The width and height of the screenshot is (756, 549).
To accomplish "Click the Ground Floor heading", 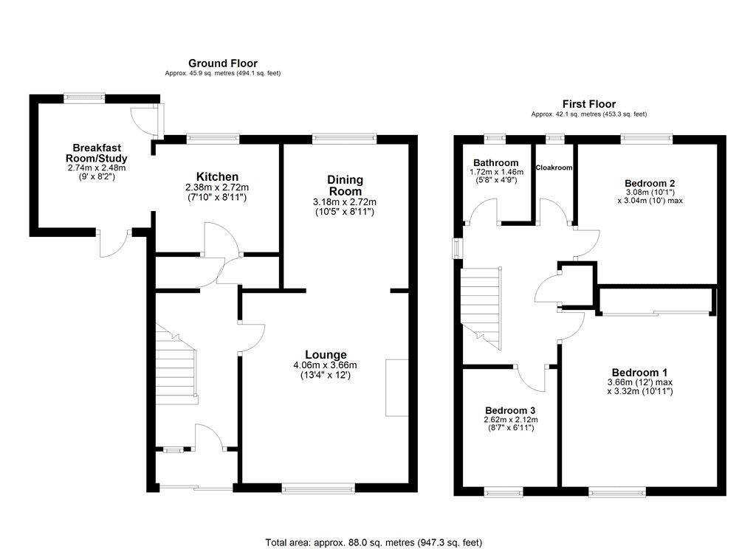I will coord(222,63).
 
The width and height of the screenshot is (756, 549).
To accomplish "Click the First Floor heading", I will coord(588,104).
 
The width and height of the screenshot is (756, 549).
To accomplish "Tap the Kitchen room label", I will coord(217,177).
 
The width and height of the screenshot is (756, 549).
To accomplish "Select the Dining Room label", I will coord(346,185).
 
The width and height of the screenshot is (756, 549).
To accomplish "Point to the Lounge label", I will coord(325,355).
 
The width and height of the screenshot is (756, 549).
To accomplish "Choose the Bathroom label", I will coord(496,163).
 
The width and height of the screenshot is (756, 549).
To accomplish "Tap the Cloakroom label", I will coord(554,168).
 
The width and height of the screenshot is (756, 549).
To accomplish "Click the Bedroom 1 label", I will coord(639,372).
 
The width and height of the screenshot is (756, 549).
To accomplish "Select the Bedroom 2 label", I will coord(650,183).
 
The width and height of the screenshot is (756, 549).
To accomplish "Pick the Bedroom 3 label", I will coord(510,410).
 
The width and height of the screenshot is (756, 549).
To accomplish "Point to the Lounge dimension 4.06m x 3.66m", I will coord(325,365).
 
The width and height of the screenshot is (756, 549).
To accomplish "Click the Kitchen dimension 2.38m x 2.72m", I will coord(217,188).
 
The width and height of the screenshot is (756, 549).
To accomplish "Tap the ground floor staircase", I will coord(176,365).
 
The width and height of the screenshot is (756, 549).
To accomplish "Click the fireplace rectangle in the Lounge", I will coord(396,388).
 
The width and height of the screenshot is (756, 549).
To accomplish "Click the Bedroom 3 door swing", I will coord(533,378).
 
